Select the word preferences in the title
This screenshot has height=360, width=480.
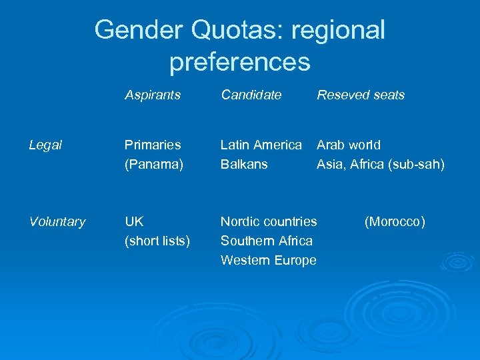[240, 62]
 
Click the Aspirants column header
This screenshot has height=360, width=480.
[153, 95]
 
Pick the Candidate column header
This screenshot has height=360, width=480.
[251, 95]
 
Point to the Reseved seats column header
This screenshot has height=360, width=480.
[361, 95]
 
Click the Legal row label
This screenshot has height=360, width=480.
[46, 145]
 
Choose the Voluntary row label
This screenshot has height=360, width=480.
[57, 222]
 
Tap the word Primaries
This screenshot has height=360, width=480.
[153, 145]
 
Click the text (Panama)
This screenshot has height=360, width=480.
[154, 164]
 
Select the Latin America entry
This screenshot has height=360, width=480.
[261, 145]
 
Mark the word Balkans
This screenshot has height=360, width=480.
[244, 164]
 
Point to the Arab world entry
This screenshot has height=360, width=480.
[349, 145]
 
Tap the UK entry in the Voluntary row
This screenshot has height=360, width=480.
[134, 221]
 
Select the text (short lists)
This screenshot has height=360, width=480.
[157, 241]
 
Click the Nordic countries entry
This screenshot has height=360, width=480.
[269, 221]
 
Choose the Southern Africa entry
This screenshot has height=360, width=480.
[267, 241]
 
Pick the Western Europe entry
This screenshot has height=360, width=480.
[269, 260]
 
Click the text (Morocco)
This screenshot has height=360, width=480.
[395, 221]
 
